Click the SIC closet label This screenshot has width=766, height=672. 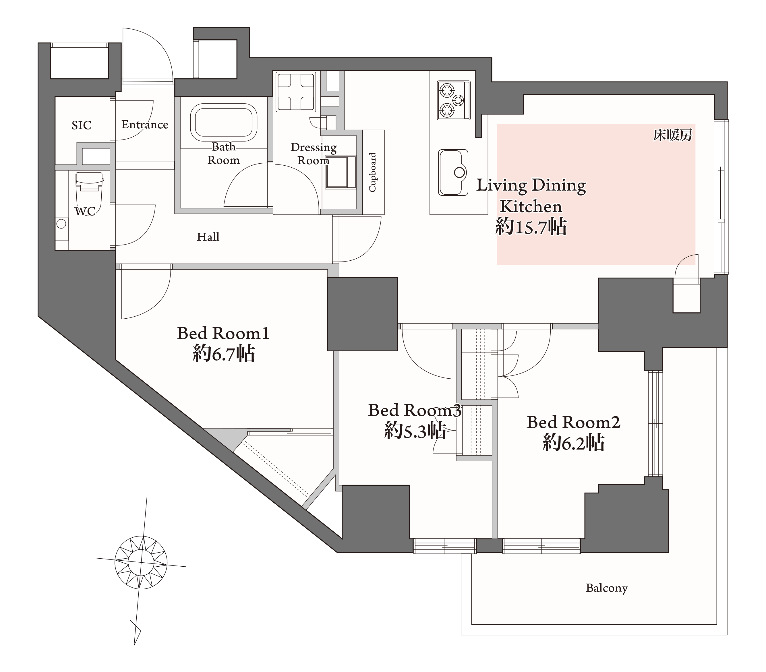click(81, 125)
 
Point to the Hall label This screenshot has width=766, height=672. click(208, 237)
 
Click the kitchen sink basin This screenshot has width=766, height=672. click(453, 173)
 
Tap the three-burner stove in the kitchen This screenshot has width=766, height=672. click(453, 100)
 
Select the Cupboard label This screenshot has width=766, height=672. click(372, 173)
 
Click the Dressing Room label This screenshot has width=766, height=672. click(313, 154)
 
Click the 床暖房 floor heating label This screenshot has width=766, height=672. click(673, 135)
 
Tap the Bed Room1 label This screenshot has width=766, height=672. click(223, 333)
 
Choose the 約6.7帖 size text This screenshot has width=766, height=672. click(224, 353)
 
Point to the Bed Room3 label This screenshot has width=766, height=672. click(415, 410)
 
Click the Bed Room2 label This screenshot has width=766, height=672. click(573, 422)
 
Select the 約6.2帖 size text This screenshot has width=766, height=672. click(573, 443)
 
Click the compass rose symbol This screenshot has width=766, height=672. click(141, 562)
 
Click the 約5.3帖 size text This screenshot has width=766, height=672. click(415, 431)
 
